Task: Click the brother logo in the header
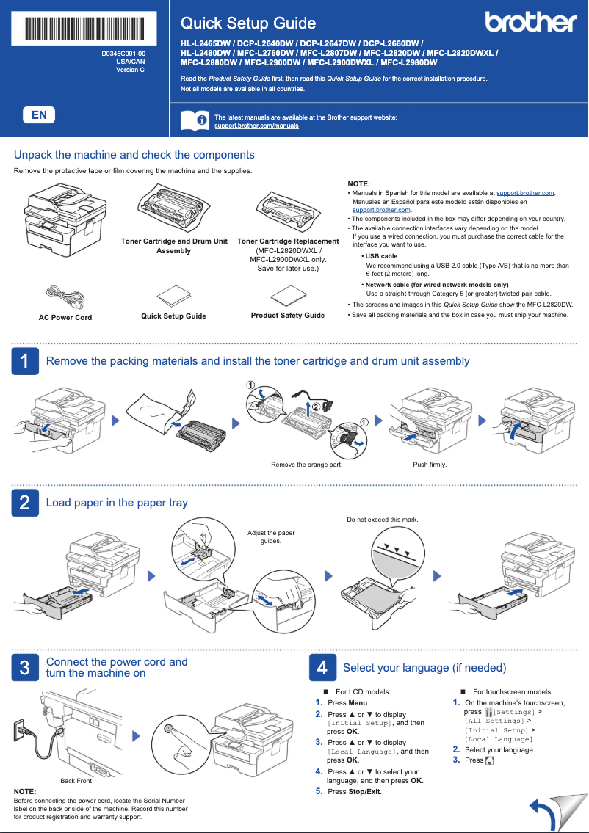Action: (531, 23)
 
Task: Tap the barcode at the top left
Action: (84, 29)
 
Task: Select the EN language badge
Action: (39, 114)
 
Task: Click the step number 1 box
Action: (24, 361)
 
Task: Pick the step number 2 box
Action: (24, 503)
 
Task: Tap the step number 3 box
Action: (24, 667)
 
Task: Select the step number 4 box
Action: (322, 667)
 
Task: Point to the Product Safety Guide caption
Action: (287, 316)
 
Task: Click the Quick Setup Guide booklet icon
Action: (173, 295)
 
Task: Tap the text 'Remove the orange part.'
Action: (306, 465)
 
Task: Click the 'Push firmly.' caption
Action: (430, 465)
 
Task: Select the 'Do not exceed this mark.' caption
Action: (382, 520)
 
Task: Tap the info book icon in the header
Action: (194, 121)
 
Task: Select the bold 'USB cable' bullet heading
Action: (381, 256)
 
